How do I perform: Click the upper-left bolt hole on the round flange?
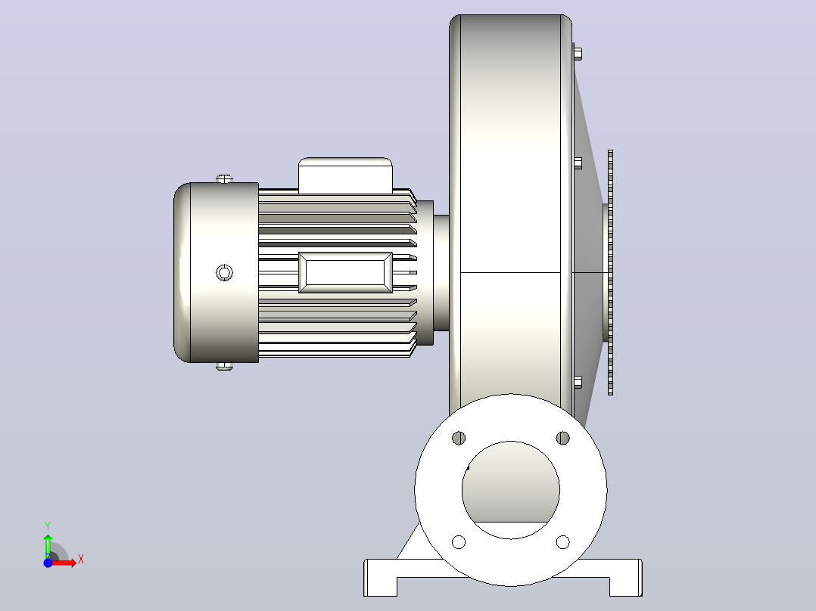tap(459, 438)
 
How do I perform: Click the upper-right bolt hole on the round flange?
tap(562, 438)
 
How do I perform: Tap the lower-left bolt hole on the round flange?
tap(459, 542)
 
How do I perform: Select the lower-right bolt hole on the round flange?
tap(562, 542)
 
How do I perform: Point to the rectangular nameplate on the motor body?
tap(345, 272)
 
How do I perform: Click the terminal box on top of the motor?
tap(345, 175)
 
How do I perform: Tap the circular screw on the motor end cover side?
tap(224, 272)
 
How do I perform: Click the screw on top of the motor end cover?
tap(224, 179)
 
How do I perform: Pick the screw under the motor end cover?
tap(224, 366)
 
